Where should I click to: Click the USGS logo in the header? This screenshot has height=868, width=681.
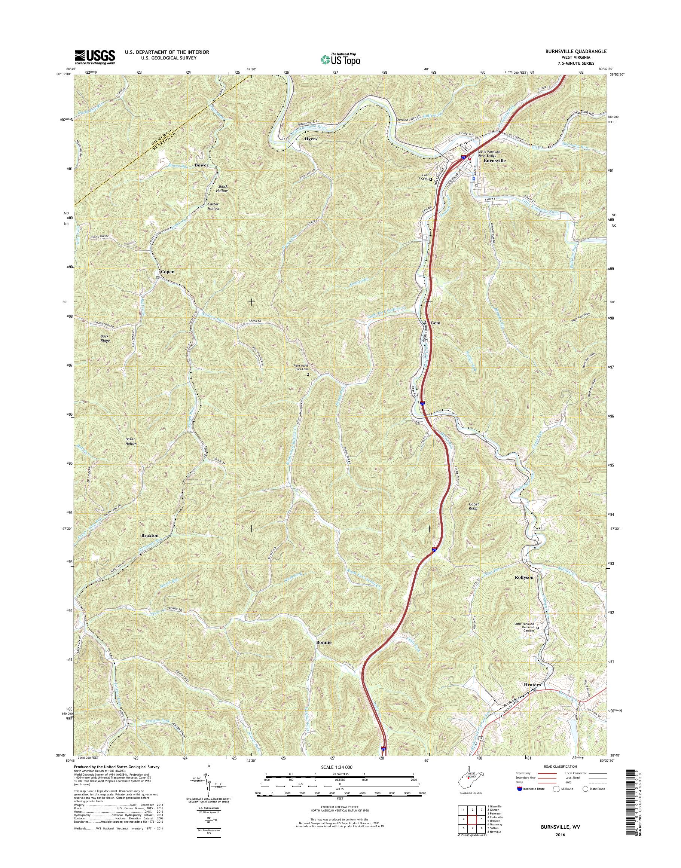(95, 57)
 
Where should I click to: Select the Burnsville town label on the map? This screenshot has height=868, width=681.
(494, 160)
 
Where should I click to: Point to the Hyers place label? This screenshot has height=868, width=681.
(311, 139)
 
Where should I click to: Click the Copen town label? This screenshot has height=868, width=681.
(168, 272)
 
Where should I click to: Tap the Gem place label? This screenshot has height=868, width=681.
(436, 323)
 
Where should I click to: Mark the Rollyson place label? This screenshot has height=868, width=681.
(524, 577)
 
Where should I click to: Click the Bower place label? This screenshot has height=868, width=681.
(201, 165)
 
